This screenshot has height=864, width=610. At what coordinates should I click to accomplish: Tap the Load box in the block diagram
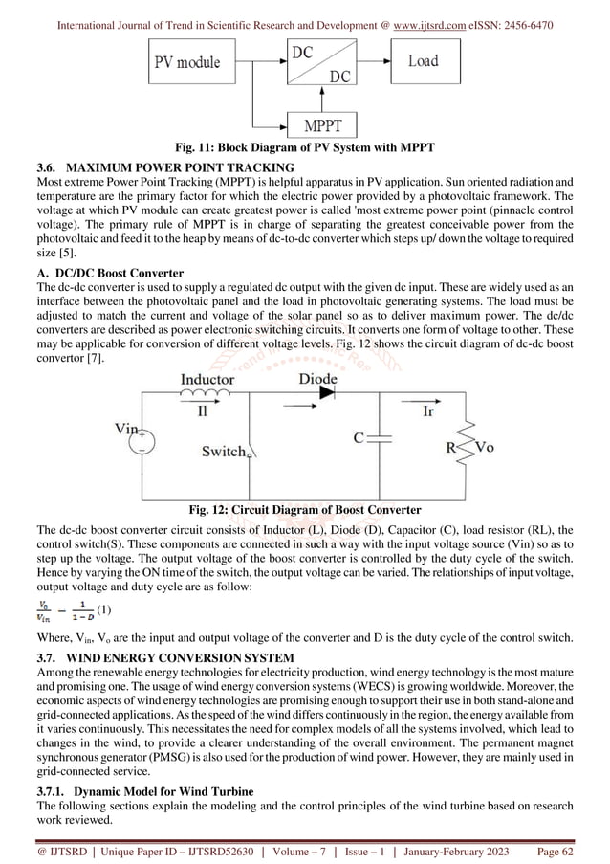[x=423, y=61]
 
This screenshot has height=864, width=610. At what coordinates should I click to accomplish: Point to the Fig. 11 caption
[x=304, y=146]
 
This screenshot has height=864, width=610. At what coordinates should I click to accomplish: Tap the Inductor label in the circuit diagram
[x=207, y=380]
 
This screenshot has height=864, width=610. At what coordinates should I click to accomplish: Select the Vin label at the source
[x=128, y=430]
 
